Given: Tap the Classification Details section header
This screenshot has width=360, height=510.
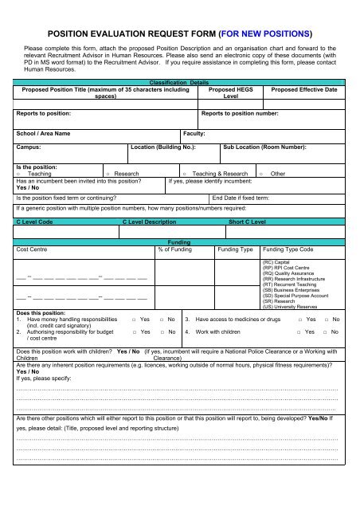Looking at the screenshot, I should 179,83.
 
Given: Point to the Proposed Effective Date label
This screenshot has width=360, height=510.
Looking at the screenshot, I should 304,90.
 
